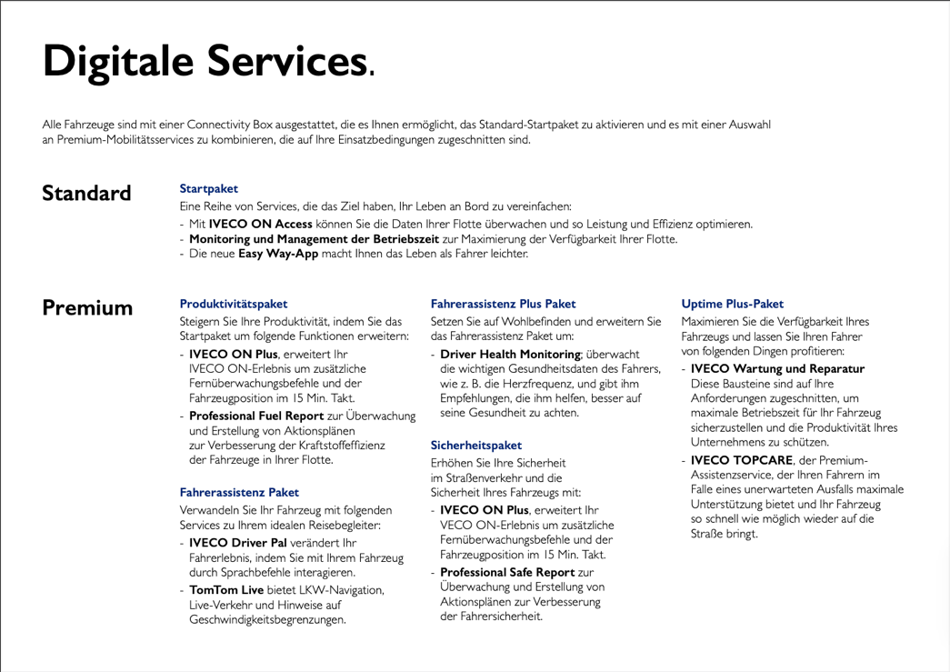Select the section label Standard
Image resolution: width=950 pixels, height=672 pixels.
tap(86, 194)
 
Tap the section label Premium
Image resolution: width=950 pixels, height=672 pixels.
tap(87, 307)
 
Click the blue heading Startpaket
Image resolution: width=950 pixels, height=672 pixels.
tap(209, 188)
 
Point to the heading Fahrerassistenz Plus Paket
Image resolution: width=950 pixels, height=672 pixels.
tap(503, 304)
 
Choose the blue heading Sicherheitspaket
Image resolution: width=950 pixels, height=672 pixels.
tap(475, 446)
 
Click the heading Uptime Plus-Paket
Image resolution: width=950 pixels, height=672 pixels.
tap(732, 304)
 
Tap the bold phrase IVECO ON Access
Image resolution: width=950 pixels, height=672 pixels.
tap(261, 224)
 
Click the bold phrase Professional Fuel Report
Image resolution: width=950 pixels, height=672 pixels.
tap(249, 416)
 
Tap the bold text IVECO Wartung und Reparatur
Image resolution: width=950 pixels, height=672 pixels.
tap(777, 368)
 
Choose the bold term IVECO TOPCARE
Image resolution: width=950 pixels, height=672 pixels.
tap(742, 461)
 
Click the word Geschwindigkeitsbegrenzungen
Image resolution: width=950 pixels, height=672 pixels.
tap(266, 619)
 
